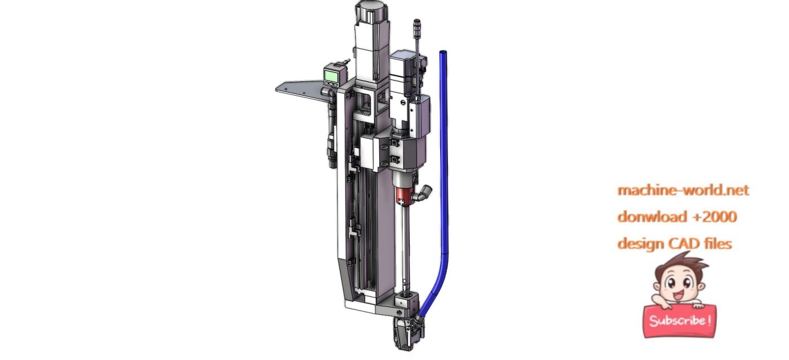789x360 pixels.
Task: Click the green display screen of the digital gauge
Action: pyautogui.click(x=331, y=75)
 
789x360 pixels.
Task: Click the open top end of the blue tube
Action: pyautogui.click(x=443, y=53)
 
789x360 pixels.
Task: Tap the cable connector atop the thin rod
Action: pyautogui.click(x=417, y=27)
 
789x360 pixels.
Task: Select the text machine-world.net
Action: pyautogui.click(x=683, y=190)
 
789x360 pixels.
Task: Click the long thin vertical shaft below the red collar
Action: pyautogui.click(x=405, y=248)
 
